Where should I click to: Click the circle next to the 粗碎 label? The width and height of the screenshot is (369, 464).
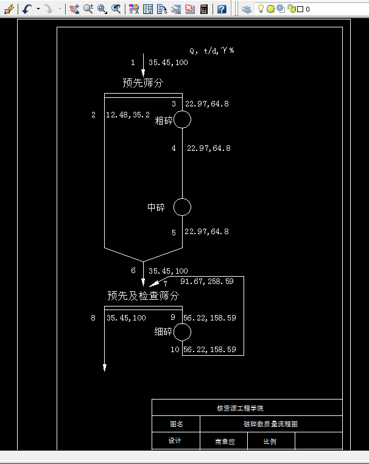point(182,120)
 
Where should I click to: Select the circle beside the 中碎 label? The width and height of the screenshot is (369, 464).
point(182,207)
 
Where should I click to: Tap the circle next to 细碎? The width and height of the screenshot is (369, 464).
point(182,332)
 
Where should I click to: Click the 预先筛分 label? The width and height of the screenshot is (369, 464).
point(143,83)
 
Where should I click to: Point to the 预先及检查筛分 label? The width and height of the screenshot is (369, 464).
point(143,296)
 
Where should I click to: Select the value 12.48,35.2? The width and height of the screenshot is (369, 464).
point(128,114)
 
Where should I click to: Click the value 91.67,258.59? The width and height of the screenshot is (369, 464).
point(206,282)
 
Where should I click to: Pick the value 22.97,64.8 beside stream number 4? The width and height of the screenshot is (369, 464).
point(208,148)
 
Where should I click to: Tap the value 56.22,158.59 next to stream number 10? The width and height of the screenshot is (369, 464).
point(209,349)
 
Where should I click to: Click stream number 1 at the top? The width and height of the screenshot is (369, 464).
point(133,62)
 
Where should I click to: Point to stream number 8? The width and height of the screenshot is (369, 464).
point(93,317)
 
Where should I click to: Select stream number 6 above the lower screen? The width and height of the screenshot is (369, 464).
point(133,271)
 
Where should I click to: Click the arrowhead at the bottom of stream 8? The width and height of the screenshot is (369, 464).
point(105,367)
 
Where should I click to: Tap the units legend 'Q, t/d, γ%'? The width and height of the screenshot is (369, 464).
point(212,50)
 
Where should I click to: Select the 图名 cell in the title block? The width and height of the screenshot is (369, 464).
point(175,424)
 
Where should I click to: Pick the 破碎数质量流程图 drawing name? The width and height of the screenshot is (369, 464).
point(270,424)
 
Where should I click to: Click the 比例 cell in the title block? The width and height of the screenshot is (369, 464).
point(270,441)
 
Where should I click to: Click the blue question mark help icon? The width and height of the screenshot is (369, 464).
point(222,9)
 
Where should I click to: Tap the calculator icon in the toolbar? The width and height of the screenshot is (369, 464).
point(203,9)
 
